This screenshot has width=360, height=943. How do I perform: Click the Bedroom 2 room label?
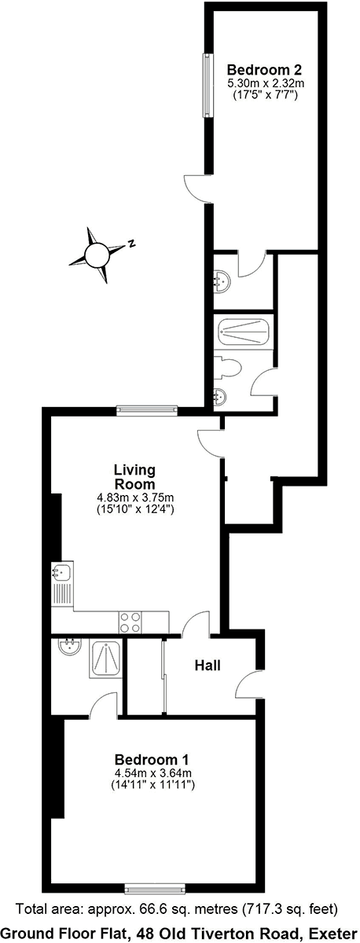(x=265, y=68)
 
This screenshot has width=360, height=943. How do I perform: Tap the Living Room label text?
(x=134, y=476)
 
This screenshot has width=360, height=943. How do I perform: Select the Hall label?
(x=208, y=665)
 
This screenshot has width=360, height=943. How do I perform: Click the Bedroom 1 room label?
(x=152, y=760)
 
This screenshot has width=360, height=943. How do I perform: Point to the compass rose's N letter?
(x=132, y=243)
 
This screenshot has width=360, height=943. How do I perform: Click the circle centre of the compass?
(x=97, y=255)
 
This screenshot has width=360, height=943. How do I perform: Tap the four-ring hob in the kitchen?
(x=130, y=622)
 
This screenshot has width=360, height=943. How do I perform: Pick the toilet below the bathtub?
(x=227, y=369)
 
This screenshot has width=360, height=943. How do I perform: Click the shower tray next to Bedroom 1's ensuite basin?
(x=105, y=659)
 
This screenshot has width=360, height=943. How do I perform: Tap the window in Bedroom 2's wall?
(x=208, y=86)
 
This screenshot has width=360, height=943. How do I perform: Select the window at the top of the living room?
(x=147, y=409)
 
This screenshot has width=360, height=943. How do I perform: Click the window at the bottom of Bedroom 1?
(x=156, y=887)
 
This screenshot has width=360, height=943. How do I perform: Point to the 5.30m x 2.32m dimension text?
(x=266, y=83)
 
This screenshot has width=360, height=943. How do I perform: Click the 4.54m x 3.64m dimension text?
(x=153, y=773)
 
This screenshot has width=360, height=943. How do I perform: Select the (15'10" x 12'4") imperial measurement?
(x=135, y=509)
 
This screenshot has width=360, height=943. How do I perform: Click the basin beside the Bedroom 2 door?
(x=222, y=281)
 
